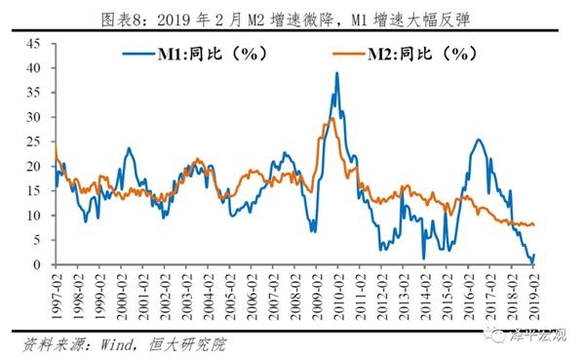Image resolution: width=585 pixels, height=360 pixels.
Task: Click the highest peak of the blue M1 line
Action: (337, 73)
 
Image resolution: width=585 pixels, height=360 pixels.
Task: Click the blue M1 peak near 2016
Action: (478, 140)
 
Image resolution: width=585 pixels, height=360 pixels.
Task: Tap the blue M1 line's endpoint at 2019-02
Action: (534, 256)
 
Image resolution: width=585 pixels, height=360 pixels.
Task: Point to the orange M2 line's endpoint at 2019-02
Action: (534, 225)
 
